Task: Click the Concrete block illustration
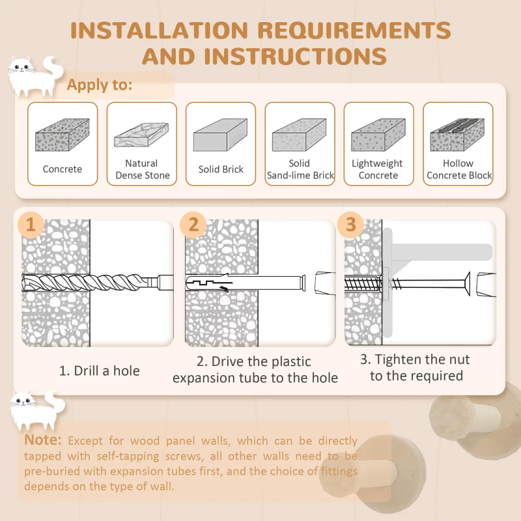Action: [62, 135]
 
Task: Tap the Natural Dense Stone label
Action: [142, 169]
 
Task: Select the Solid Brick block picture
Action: [220, 135]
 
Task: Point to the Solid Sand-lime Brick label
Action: [300, 169]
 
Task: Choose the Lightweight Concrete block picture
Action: [378, 135]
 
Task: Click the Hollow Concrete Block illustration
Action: [457, 135]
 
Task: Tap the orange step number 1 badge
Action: [31, 225]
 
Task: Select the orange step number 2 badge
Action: [193, 225]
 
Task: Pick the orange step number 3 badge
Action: [350, 225]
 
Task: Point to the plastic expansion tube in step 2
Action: [246, 283]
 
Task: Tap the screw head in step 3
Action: [467, 283]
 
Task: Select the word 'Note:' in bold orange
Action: [43, 440]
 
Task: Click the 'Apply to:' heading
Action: [100, 85]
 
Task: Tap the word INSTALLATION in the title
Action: [159, 30]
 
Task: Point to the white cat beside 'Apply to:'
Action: [35, 76]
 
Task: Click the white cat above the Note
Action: [37, 410]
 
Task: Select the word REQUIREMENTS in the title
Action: [354, 30]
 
